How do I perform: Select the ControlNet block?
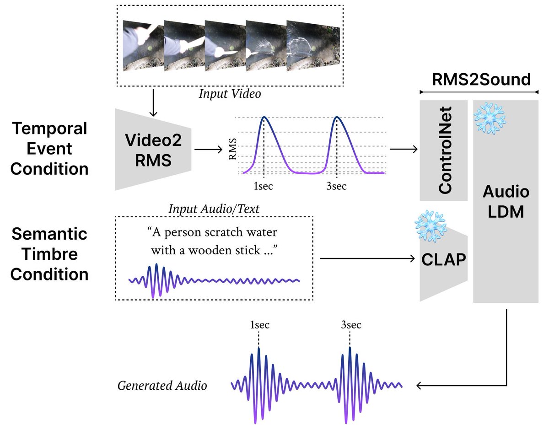coord(444,150)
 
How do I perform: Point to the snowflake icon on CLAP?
coord(430,226)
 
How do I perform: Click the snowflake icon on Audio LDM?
coord(490,118)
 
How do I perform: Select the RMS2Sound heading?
coord(481,79)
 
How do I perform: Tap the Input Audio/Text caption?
coord(214,209)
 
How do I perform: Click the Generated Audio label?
coord(162,386)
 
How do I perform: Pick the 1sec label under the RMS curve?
coord(264,186)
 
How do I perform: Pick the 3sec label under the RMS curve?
coord(337,186)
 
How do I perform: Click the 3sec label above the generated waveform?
coord(350,325)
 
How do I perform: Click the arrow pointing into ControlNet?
coord(403,149)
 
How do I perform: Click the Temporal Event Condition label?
coord(49,149)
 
